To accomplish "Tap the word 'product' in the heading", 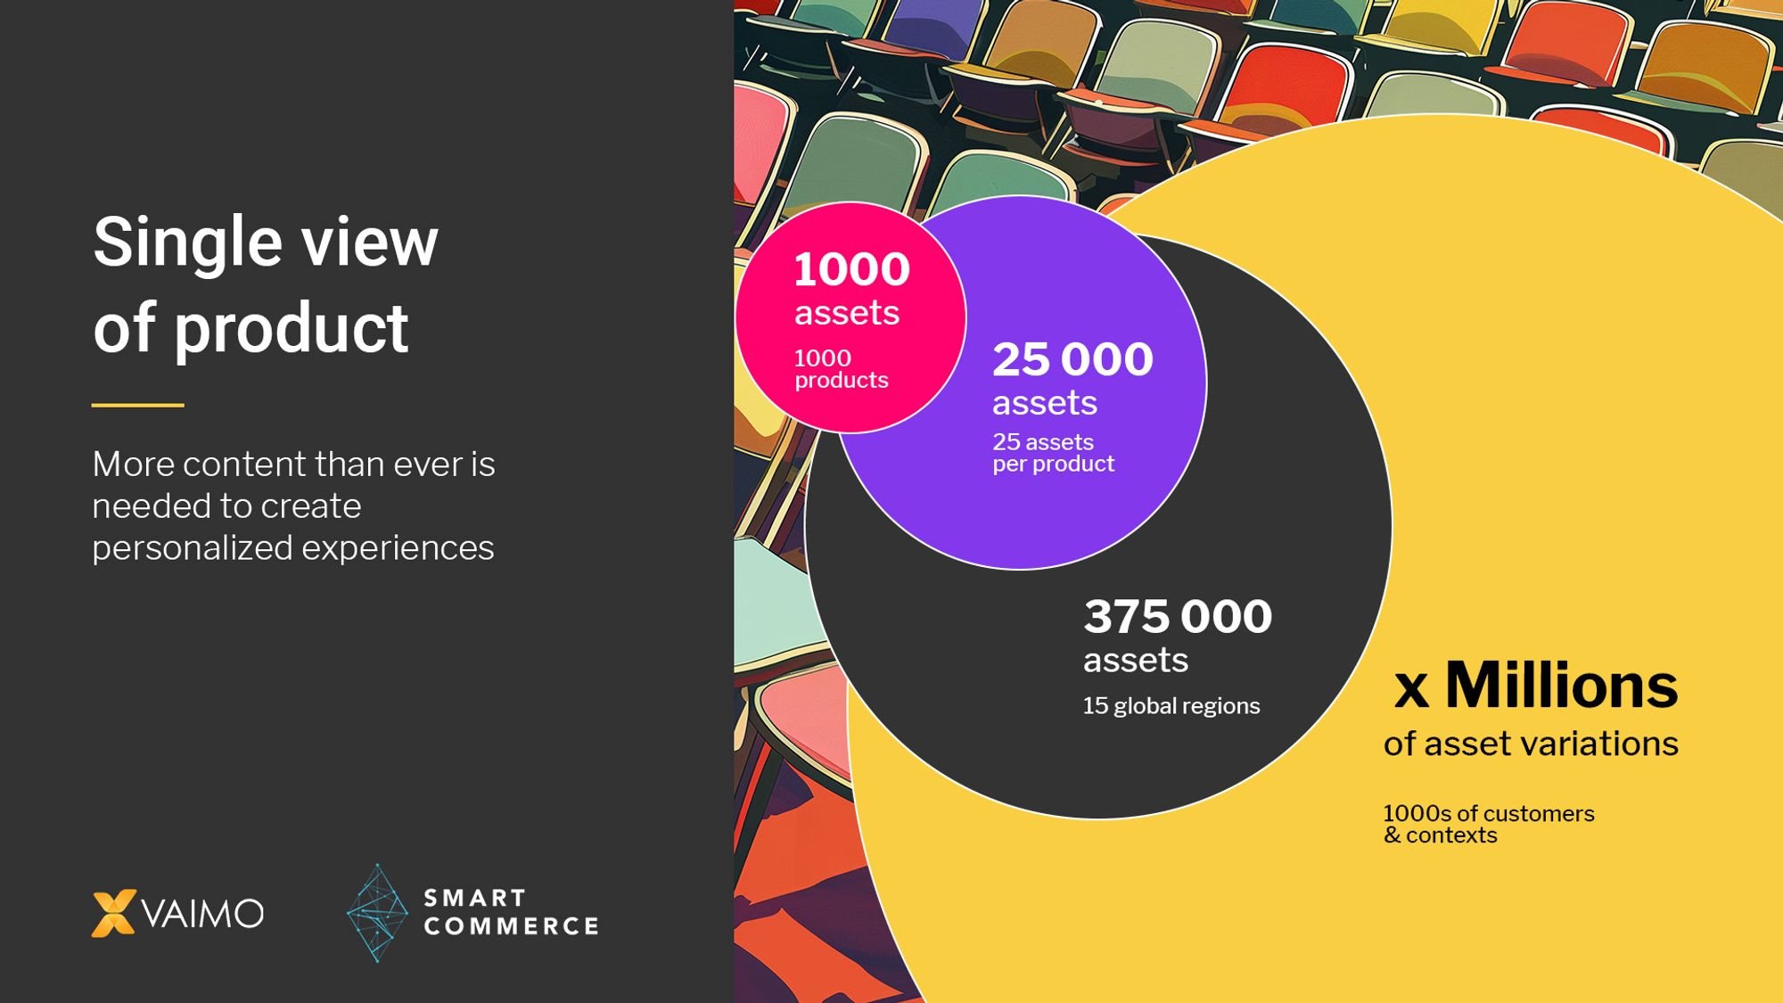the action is coord(292,328).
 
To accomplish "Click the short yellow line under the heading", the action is coord(137,405).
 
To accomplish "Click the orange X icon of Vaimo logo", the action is coord(114,913).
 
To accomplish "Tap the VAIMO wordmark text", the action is coord(203,914).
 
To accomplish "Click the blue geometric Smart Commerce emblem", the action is coord(377,913).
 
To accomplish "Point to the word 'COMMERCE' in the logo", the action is coord(511,926).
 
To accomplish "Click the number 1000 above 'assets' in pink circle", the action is coord(851,269).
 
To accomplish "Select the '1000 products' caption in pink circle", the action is coord(842,369).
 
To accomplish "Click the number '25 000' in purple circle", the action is coord(1073,359).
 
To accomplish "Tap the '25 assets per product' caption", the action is coord(1054,453).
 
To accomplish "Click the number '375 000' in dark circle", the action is coord(1178,617).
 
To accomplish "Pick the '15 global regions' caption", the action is coord(1171,706).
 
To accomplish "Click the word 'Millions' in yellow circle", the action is coord(1562,686).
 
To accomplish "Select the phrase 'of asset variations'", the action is coord(1531,744).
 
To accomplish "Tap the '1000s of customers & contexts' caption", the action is coord(1489,825).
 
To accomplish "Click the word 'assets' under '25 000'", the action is coord(1045,404).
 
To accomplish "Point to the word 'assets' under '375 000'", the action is coord(1136,662).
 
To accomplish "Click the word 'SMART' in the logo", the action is coord(475,898).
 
